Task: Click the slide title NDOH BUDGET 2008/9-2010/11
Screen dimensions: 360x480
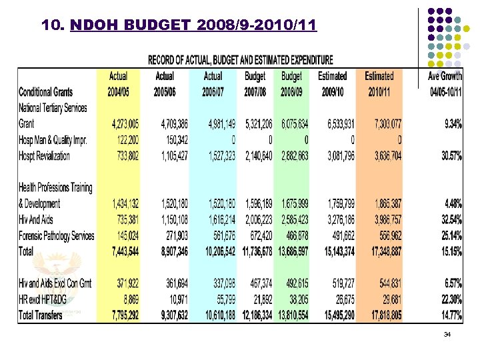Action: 179,26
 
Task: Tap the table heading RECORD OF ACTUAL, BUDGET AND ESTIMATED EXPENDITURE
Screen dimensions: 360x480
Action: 240,60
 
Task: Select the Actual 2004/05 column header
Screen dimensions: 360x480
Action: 118,83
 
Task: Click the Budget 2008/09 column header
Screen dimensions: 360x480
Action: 292,83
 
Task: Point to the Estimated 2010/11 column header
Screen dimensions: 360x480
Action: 379,83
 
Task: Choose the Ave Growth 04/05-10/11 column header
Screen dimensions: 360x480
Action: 445,83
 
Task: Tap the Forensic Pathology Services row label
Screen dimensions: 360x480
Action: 57,236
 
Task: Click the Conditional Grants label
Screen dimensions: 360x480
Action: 46,91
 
